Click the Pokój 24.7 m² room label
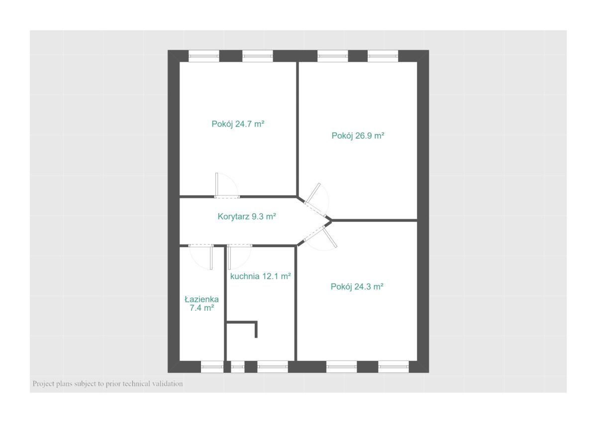238,124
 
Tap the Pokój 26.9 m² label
358,136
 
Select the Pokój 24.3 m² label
357,286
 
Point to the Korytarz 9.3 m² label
247,216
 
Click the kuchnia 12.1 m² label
260,276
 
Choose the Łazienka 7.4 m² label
201,304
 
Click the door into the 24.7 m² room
226,186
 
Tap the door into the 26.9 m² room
317,200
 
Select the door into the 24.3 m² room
320,238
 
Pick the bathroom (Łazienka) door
201,257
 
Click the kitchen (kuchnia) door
239,257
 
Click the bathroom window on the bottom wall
212,367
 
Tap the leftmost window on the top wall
204,56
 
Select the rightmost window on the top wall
383,56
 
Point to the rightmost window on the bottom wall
394,367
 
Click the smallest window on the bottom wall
237,367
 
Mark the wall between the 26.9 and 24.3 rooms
374,220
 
